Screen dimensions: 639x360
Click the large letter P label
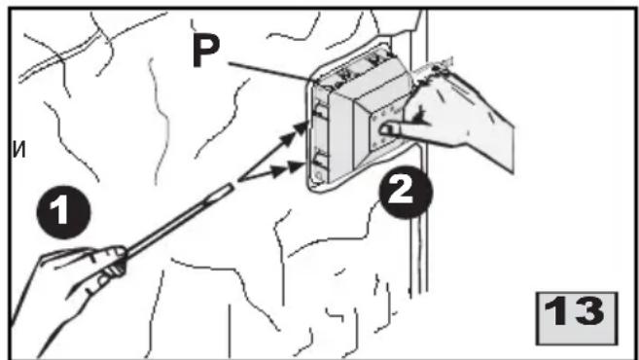click(x=206, y=51)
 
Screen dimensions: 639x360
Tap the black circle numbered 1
click(x=63, y=211)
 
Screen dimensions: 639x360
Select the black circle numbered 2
click(x=405, y=192)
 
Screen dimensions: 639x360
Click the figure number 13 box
click(x=576, y=318)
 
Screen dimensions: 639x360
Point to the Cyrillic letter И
click(x=19, y=151)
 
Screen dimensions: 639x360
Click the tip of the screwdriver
click(x=232, y=186)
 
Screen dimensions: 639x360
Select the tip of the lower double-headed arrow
click(x=304, y=166)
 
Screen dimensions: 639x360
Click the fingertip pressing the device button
click(x=384, y=130)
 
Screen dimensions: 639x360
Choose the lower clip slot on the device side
click(x=318, y=159)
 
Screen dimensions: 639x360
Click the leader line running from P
click(x=269, y=72)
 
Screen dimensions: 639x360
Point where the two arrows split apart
click(x=239, y=179)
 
